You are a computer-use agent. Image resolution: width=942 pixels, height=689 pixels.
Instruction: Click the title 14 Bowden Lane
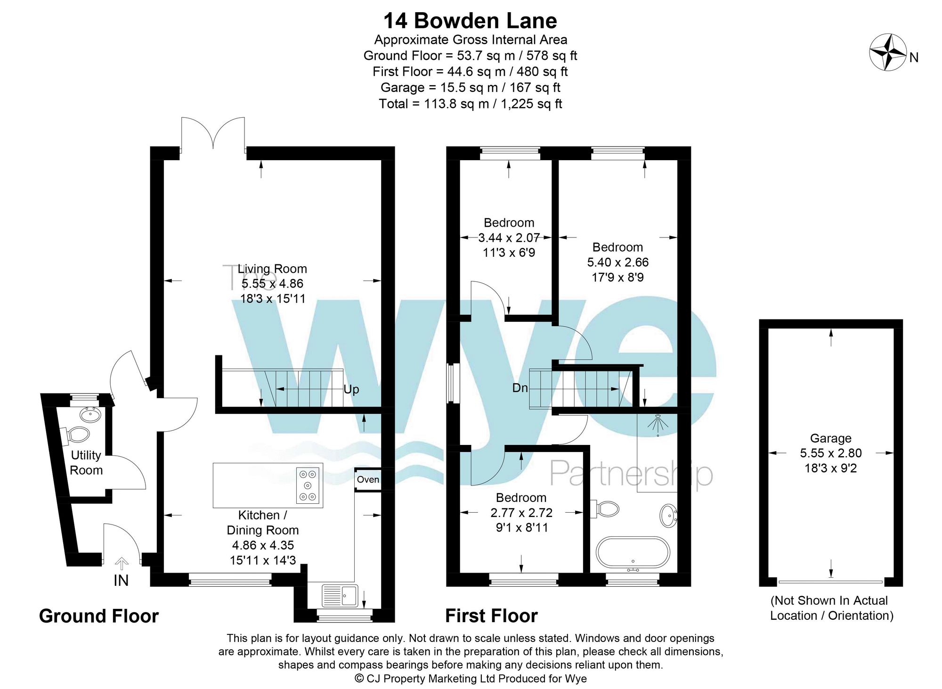tap(470, 21)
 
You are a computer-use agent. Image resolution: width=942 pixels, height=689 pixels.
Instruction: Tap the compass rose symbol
tap(888, 52)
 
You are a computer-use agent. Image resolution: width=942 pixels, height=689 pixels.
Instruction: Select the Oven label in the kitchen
tap(368, 479)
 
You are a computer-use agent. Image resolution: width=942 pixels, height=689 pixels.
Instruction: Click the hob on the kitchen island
tap(308, 485)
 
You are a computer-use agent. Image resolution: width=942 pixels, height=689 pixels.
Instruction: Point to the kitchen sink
tap(340, 596)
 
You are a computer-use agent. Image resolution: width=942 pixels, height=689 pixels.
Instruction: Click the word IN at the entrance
tap(121, 581)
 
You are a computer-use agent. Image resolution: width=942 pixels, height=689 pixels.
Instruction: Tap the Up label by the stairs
tap(351, 389)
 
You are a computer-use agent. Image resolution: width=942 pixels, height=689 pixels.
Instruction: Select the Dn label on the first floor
tap(520, 388)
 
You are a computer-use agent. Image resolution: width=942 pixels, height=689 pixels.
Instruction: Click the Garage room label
tap(831, 438)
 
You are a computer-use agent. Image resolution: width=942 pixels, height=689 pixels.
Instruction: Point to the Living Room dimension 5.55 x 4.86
tap(273, 284)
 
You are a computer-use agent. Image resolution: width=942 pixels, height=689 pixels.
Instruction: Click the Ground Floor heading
tap(99, 616)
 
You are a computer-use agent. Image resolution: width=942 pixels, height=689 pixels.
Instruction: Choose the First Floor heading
tap(492, 615)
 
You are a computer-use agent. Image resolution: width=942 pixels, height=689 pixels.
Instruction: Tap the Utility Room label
tap(86, 462)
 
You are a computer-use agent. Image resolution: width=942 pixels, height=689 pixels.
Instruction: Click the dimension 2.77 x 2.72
tap(521, 512)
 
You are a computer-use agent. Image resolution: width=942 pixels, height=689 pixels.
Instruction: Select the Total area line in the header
tap(471, 104)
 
